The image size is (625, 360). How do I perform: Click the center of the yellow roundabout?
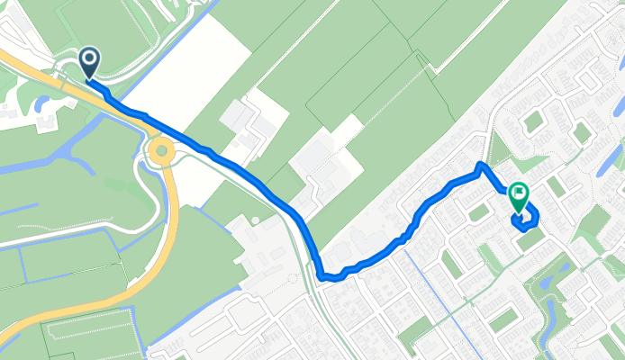[162, 150]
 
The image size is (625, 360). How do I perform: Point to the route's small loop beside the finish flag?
[526, 216]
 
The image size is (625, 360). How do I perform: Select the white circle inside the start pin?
[90, 59]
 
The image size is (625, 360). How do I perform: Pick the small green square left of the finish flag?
[478, 212]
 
